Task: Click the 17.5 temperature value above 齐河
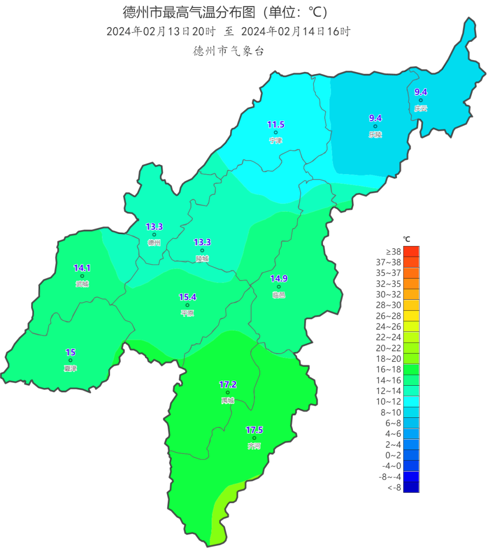tap(254, 430)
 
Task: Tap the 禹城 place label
tap(228, 401)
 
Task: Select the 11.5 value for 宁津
tap(276, 125)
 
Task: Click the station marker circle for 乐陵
tap(375, 127)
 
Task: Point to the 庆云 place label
tap(420, 109)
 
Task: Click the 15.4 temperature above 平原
tap(188, 298)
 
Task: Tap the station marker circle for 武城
tap(82, 276)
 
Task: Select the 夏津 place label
tap(70, 368)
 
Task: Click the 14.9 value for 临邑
tap(279, 279)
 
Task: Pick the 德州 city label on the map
tap(154, 243)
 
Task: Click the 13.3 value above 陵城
tap(202, 243)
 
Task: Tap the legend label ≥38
tap(393, 252)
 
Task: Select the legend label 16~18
tap(388, 369)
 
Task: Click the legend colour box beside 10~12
tap(411, 402)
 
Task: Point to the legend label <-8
tap(394, 487)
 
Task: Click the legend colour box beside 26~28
tap(411, 316)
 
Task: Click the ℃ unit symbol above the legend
tap(407, 239)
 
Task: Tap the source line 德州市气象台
tap(228, 51)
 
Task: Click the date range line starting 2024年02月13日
tap(228, 32)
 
